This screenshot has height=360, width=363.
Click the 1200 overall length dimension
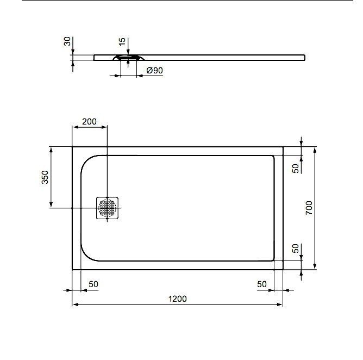(x=177, y=299)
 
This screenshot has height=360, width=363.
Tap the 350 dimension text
(x=45, y=177)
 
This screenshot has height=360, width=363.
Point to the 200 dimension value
(x=89, y=122)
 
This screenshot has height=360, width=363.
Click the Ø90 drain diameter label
(x=155, y=70)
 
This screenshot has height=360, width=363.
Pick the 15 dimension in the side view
(x=122, y=41)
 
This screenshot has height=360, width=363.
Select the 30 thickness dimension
(x=67, y=42)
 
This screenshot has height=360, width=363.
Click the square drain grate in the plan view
(x=107, y=208)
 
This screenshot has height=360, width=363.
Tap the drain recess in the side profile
(x=128, y=57)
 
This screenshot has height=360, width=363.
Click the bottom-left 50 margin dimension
(x=93, y=284)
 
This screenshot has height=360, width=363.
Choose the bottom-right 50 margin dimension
(x=262, y=284)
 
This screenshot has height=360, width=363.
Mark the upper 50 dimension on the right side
(x=296, y=168)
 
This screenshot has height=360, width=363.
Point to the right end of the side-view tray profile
(x=304, y=56)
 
